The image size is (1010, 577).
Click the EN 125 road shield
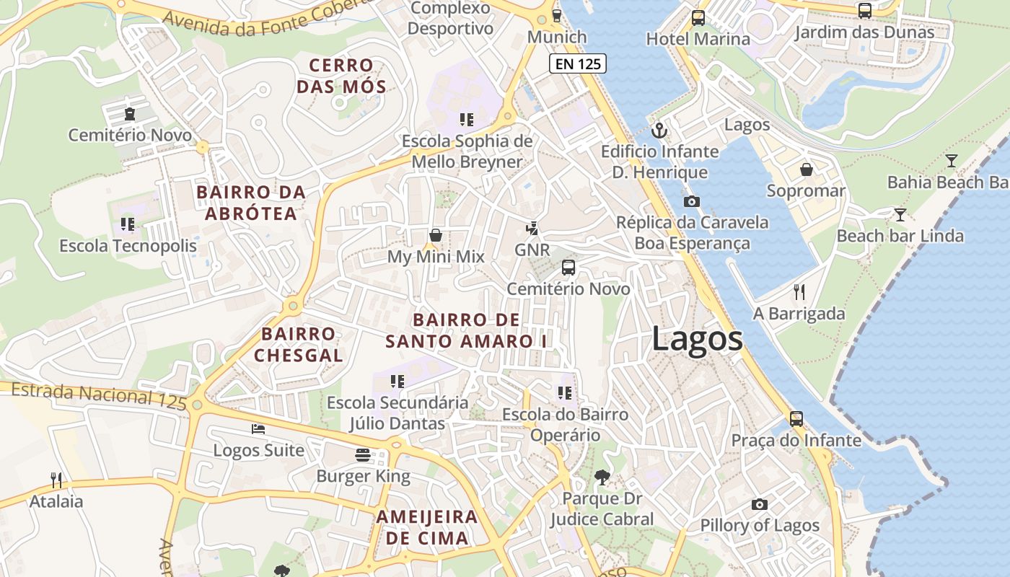click(578, 63)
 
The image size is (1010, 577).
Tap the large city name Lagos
click(697, 339)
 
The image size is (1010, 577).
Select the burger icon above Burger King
click(363, 455)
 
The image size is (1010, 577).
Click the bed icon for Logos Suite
click(258, 429)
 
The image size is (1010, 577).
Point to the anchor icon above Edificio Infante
click(659, 131)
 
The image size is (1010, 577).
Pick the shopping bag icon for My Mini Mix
click(436, 235)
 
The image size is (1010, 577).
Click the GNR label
click(532, 250)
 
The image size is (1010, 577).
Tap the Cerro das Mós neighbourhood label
click(341, 76)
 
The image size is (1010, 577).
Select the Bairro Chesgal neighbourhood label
click(299, 344)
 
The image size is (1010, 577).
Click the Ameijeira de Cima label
click(427, 527)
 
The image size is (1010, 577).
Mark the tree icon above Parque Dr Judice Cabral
click(602, 477)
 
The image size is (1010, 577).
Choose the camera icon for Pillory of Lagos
click(759, 504)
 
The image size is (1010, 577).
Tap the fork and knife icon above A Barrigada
click(799, 292)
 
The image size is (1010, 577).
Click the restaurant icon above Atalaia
click(56, 480)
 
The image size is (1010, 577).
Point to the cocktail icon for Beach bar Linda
click(900, 214)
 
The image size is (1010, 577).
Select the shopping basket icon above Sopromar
click(806, 169)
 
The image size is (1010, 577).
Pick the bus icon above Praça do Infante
click(796, 418)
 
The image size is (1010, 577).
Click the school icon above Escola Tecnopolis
click(128, 224)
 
